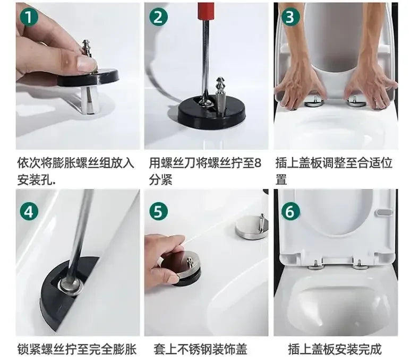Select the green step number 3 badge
[289, 17]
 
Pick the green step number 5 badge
[158, 212]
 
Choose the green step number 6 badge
[289, 211]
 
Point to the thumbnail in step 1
[85, 64]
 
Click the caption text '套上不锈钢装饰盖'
[200, 349]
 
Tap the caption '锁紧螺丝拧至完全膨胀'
[76, 349]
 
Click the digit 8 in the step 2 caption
[258, 162]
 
